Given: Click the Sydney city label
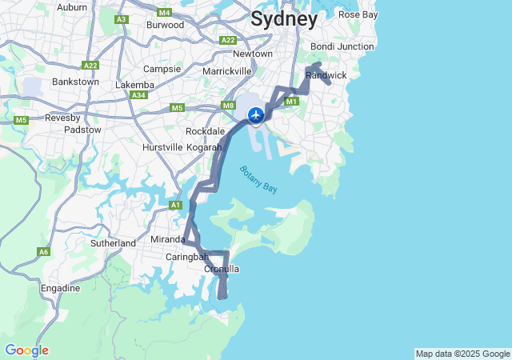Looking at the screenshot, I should point(284,20).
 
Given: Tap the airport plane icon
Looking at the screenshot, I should point(256,115).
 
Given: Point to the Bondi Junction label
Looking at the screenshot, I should point(342,46).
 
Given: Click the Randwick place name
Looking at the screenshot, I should point(326,75).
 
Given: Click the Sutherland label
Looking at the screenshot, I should point(113,242).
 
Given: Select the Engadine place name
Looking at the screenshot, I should point(61,288).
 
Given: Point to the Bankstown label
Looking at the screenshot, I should point(75,82).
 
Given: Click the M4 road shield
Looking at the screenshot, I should point(165,13).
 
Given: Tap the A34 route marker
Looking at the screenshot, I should point(139,95).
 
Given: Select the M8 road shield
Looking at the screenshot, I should point(229,106).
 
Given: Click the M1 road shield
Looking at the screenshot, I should point(291,102).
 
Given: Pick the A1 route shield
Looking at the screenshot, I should point(175,206).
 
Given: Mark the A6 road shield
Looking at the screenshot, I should point(43,252).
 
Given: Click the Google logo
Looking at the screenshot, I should point(26,350).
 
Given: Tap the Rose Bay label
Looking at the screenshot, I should point(358,14).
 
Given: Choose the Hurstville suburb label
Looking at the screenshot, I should point(162,148).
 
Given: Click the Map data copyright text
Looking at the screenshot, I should point(462,354).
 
